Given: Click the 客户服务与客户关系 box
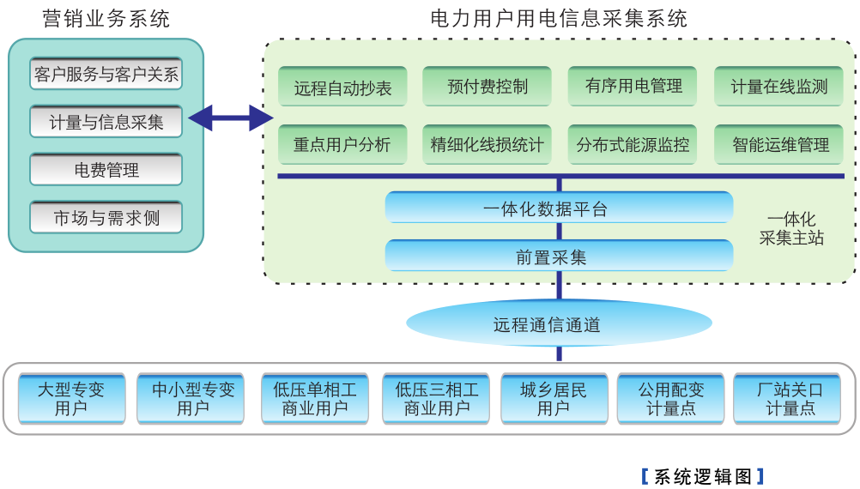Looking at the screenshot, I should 106,74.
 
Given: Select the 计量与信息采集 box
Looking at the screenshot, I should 106,122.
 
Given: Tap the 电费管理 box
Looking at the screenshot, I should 106,170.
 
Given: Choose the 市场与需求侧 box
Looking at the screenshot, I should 106,218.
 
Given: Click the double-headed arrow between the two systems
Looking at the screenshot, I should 230,118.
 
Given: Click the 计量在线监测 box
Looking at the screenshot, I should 778,87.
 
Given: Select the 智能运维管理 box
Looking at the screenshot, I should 778,145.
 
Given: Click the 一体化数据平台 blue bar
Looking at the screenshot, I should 559,208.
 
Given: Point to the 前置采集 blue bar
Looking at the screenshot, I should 559,256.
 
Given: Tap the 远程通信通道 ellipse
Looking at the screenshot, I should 559,324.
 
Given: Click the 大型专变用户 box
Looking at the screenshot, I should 71,399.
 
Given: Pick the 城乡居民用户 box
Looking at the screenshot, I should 554,399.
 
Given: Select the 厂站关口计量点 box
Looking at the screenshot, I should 790,399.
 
